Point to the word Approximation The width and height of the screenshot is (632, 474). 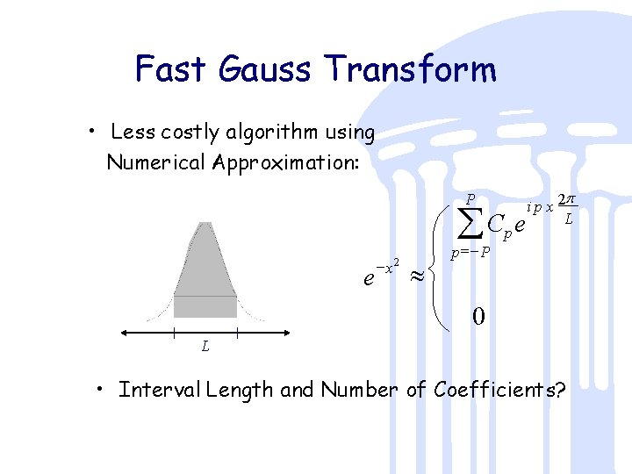click(x=286, y=162)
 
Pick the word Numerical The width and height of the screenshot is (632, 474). click(x=156, y=162)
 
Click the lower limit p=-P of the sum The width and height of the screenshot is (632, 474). click(x=470, y=254)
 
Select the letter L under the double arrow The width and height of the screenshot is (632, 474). click(x=205, y=346)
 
